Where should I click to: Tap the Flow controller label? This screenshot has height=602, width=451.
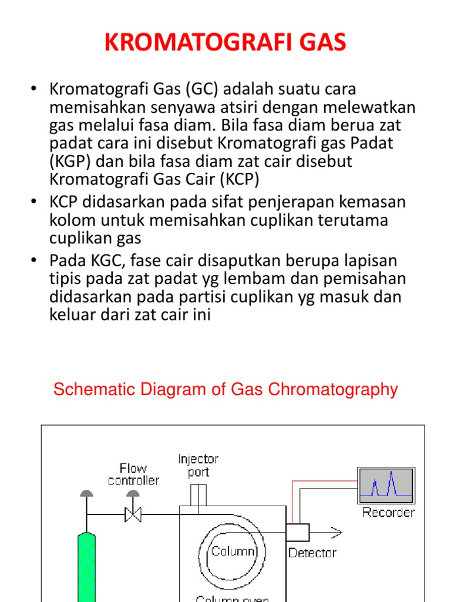[x=133, y=474]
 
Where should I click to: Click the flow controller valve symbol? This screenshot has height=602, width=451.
[x=133, y=516]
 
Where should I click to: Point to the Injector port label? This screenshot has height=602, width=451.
[x=198, y=465]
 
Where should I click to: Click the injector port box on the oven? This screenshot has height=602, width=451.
[x=198, y=495]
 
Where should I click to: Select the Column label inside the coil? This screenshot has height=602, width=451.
[x=233, y=551]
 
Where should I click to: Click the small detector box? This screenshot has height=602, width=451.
[x=298, y=532]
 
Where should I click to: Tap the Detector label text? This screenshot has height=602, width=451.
[x=312, y=553]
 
